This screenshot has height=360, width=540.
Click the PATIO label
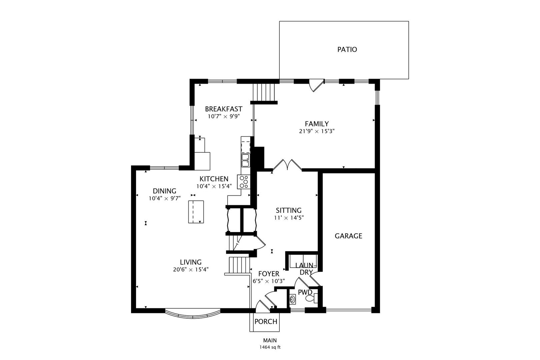(x=347, y=50)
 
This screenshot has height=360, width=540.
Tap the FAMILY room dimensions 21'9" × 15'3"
(x=317, y=131)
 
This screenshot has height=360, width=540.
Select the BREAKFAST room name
(x=223, y=109)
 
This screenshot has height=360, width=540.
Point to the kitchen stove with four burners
(x=243, y=182)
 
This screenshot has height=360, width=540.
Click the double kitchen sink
(x=245, y=160)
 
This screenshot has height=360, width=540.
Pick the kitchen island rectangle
(x=196, y=212)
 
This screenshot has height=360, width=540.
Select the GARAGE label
(x=348, y=236)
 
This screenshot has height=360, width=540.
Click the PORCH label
(x=266, y=322)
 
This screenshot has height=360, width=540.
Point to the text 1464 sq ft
(x=270, y=347)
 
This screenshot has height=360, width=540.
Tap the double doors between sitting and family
(x=287, y=165)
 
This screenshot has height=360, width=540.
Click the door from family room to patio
(x=315, y=85)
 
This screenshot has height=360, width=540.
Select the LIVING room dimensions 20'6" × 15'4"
(x=191, y=270)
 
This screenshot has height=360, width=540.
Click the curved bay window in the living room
(x=193, y=315)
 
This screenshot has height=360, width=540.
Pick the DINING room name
(x=164, y=191)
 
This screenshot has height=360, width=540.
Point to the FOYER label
(x=269, y=274)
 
